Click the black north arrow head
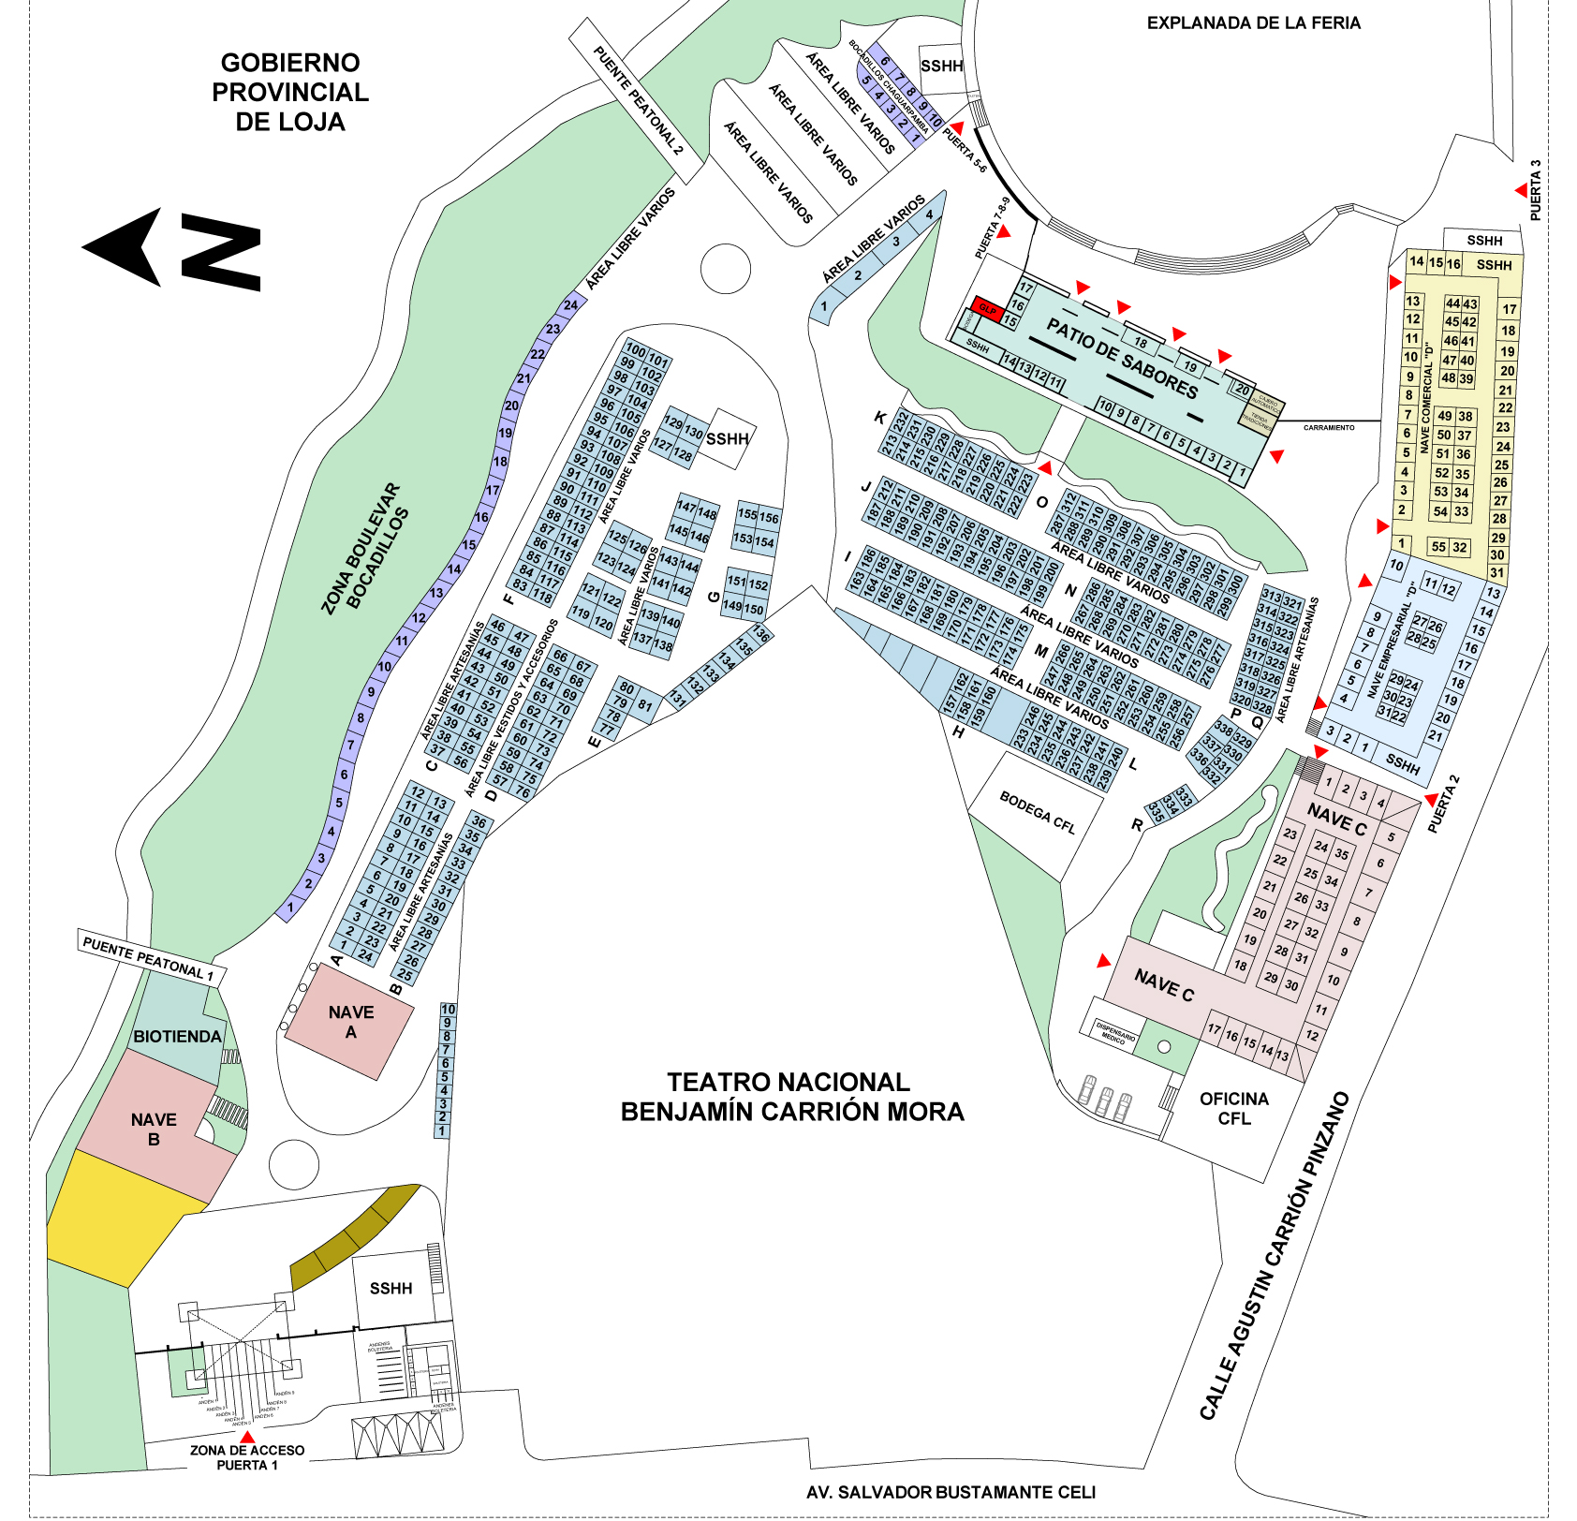(126, 247)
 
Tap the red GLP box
(988, 308)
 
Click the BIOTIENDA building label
(177, 1037)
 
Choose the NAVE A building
(350, 1022)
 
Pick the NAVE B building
(154, 1130)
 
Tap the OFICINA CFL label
(1233, 1109)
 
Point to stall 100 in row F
(636, 350)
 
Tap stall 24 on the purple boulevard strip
(570, 304)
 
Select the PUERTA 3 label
(1535, 190)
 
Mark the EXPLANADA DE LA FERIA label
(1253, 23)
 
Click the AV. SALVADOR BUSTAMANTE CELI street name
(951, 1492)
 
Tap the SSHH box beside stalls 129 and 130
(728, 438)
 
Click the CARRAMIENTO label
(1329, 427)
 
